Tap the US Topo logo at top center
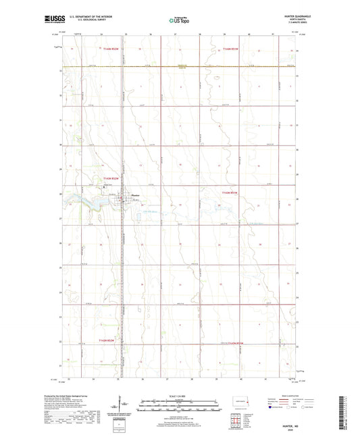(179, 21)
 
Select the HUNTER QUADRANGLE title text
(286, 18)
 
